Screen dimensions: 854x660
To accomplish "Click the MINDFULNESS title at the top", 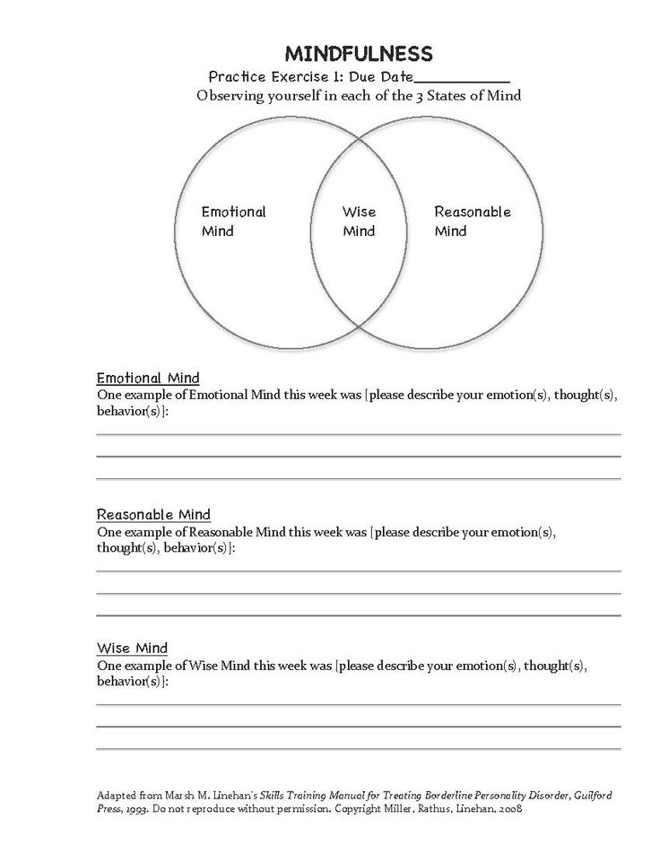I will [x=358, y=54].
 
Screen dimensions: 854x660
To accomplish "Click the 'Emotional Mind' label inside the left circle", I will [x=233, y=222].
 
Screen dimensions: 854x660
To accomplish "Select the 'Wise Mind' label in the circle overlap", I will [x=359, y=222].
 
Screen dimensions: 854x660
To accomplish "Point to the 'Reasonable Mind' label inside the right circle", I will [x=472, y=221].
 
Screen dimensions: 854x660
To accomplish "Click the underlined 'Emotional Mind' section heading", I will [x=148, y=379].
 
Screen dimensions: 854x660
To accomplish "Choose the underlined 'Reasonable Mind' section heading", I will [x=153, y=515].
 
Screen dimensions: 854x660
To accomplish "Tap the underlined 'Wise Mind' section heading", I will [x=132, y=649].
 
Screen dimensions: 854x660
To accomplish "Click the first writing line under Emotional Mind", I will [x=359, y=434].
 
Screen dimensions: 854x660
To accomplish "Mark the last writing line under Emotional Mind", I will [x=359, y=477].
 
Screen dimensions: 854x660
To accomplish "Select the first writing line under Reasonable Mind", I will [x=359, y=571].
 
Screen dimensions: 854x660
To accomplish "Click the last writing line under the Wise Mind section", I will [x=359, y=748].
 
